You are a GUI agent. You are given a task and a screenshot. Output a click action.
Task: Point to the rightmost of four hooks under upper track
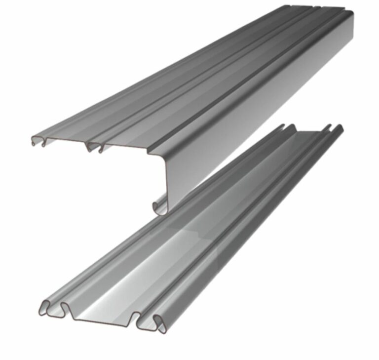[x=101, y=147]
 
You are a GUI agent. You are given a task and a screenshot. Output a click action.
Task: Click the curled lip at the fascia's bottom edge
[x=159, y=206]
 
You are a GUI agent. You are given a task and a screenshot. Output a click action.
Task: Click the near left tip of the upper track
[x=32, y=138]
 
